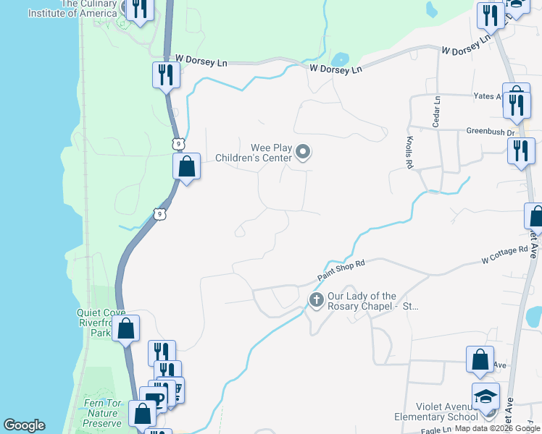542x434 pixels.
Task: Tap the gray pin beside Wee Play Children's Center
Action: pos(304,152)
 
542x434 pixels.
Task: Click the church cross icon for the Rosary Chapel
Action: pos(316,299)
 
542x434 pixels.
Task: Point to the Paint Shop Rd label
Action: pos(341,272)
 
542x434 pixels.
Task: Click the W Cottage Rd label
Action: pos(506,255)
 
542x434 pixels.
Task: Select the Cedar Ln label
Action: pos(437,112)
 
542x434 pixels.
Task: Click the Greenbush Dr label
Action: pos(490,132)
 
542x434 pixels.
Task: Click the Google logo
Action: pos(24,425)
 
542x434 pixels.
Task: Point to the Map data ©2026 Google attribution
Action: pos(496,428)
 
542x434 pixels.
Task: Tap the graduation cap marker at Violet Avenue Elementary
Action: pos(485,396)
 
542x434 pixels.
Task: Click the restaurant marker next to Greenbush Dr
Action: pos(521,150)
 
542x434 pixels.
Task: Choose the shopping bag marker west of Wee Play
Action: pos(187,167)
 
